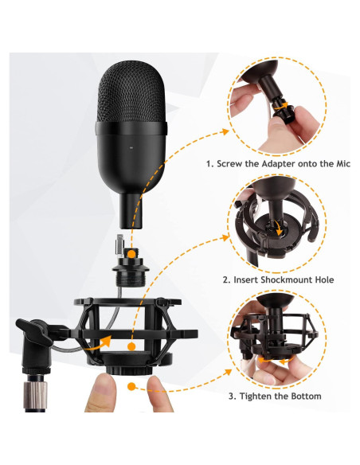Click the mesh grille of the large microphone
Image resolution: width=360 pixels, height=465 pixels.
pyautogui.click(x=131, y=91)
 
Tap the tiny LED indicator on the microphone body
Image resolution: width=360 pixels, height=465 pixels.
pyautogui.click(x=131, y=147)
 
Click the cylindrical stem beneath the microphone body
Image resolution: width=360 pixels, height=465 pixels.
pyautogui.click(x=131, y=210)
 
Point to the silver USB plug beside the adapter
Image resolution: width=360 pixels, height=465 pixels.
pyautogui.click(x=119, y=245)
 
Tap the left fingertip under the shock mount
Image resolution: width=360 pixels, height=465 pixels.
pyautogui.click(x=100, y=393)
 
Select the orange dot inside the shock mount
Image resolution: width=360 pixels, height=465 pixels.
pyautogui.click(x=131, y=346)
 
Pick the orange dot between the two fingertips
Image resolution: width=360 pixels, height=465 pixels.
pyautogui.click(x=131, y=386)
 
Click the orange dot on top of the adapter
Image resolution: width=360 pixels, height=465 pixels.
pyautogui.click(x=131, y=254)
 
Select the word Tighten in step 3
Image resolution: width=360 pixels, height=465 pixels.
pyautogui.click(x=255, y=397)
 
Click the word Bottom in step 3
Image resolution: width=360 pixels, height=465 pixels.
pyautogui.click(x=306, y=397)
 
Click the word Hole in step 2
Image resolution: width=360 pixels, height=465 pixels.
pyautogui.click(x=324, y=280)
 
